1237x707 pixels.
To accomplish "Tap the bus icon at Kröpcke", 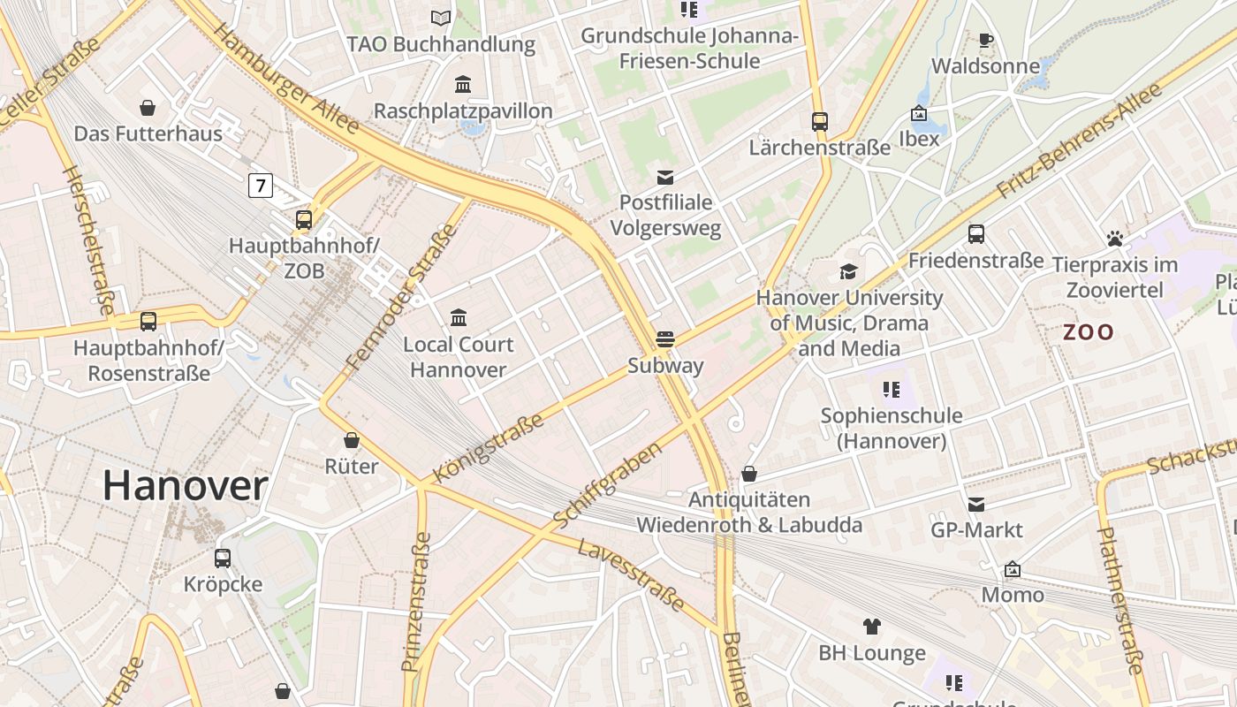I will [x=223, y=558].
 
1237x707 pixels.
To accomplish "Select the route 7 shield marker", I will [x=260, y=186].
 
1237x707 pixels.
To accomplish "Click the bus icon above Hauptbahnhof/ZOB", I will [x=304, y=219].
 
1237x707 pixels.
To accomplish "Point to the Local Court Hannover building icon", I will [x=459, y=317].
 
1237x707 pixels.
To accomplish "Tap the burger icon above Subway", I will [x=665, y=338].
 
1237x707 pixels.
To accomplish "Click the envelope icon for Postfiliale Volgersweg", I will [x=665, y=178].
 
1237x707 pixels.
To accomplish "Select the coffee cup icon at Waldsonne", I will [x=986, y=40].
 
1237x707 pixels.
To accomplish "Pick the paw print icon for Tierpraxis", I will [x=1115, y=239].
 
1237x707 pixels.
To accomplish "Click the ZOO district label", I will [x=1088, y=332].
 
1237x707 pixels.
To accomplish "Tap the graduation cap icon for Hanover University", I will [x=849, y=271].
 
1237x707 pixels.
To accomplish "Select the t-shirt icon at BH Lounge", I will [x=872, y=627].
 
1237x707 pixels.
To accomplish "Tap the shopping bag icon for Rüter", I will [x=352, y=440].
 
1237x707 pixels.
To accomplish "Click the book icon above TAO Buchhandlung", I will [x=440, y=18].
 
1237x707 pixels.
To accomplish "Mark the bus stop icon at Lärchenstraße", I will [x=820, y=121].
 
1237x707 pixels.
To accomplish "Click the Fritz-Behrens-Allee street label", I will [x=1078, y=141].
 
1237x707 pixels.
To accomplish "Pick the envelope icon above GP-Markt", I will [x=976, y=504].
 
